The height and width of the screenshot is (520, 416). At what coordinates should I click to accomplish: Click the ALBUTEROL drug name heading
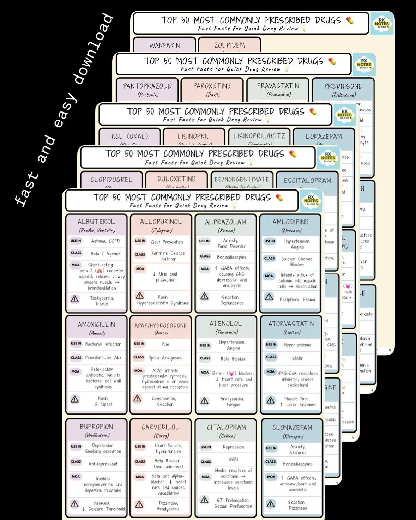click(96, 222)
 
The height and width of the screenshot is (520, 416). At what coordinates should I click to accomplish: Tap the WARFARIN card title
click(164, 45)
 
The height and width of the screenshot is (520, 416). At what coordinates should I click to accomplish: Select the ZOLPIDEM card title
click(229, 45)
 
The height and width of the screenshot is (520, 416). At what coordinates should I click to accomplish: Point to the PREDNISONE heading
click(343, 86)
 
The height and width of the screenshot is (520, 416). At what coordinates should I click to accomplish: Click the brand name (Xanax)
click(226, 230)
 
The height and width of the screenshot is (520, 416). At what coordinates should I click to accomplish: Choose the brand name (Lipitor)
click(292, 332)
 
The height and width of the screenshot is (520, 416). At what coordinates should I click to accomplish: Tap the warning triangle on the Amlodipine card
click(269, 297)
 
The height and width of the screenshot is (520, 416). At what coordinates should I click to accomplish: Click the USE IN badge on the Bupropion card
click(76, 446)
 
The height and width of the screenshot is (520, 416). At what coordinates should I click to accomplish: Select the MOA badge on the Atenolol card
click(205, 372)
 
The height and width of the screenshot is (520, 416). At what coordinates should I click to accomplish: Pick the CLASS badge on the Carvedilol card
click(140, 461)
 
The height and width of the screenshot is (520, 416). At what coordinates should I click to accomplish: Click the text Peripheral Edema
click(297, 300)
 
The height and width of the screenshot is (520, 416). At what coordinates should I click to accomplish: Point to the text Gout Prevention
click(167, 242)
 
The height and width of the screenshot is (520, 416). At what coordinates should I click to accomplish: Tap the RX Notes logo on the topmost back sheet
click(382, 24)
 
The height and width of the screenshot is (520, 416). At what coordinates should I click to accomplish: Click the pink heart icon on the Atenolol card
click(231, 373)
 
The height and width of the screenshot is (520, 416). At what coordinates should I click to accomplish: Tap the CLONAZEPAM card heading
click(292, 428)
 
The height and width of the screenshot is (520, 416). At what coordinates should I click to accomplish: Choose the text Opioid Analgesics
click(165, 358)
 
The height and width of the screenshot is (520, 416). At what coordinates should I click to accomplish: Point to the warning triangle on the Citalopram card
click(204, 500)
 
